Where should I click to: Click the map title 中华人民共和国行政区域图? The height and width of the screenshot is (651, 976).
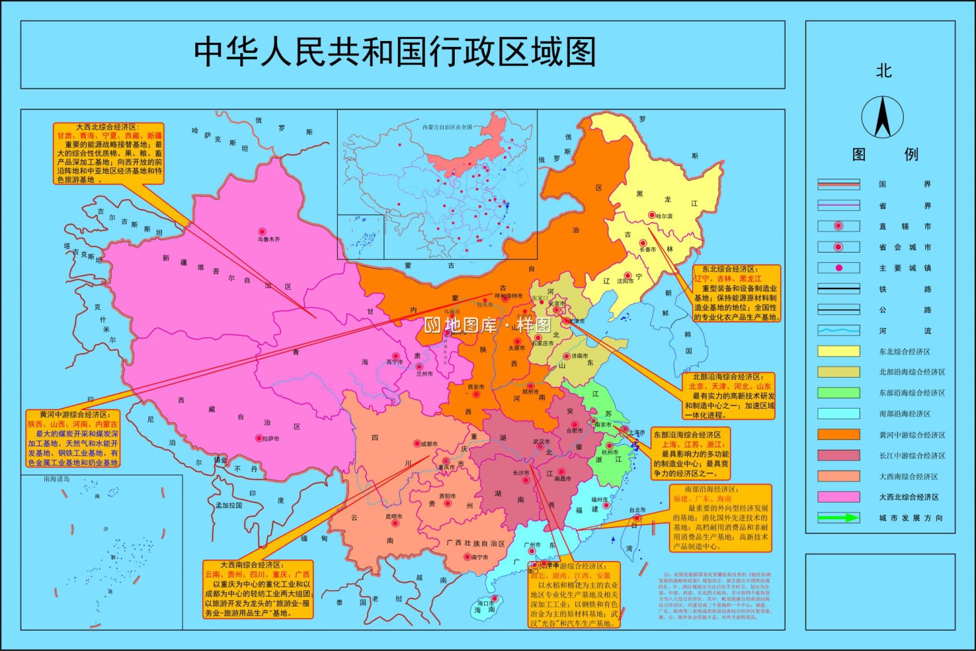(395, 52)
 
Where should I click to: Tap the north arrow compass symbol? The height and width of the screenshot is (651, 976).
(882, 117)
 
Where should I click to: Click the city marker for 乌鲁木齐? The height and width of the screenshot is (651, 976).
(262, 232)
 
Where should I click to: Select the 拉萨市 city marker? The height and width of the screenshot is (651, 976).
(259, 439)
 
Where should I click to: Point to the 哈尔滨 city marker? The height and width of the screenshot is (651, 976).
(651, 215)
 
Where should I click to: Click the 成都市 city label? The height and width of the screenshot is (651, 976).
(429, 444)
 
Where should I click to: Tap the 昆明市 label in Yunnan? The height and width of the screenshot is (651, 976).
(394, 516)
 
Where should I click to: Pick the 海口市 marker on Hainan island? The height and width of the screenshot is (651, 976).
(495, 599)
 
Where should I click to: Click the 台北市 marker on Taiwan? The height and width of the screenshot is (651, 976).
(637, 518)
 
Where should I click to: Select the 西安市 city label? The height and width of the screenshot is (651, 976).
(476, 387)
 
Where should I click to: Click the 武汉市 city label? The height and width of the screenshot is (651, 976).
(541, 441)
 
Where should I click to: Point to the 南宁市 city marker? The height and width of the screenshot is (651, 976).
(467, 557)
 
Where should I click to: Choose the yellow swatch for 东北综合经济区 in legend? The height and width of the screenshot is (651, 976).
(838, 352)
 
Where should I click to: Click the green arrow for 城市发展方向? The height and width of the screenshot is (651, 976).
(838, 518)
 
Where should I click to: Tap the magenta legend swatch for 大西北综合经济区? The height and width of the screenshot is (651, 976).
(838, 497)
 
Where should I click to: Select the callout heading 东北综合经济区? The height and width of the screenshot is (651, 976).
(729, 269)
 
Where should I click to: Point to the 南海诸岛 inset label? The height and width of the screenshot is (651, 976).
(57, 479)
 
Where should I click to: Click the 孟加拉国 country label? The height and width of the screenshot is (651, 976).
(229, 505)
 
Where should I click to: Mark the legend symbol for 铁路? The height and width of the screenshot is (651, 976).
(838, 288)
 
